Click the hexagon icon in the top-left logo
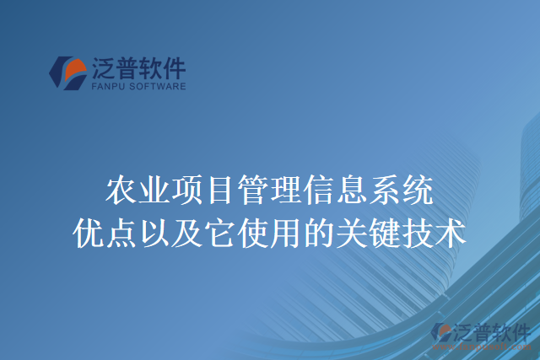pos(68,72)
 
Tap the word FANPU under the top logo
pos(104,85)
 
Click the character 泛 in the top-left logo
pos(105,66)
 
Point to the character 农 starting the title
pos(121,192)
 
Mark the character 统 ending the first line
pos(418,192)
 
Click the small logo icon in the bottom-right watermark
pos(442,333)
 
